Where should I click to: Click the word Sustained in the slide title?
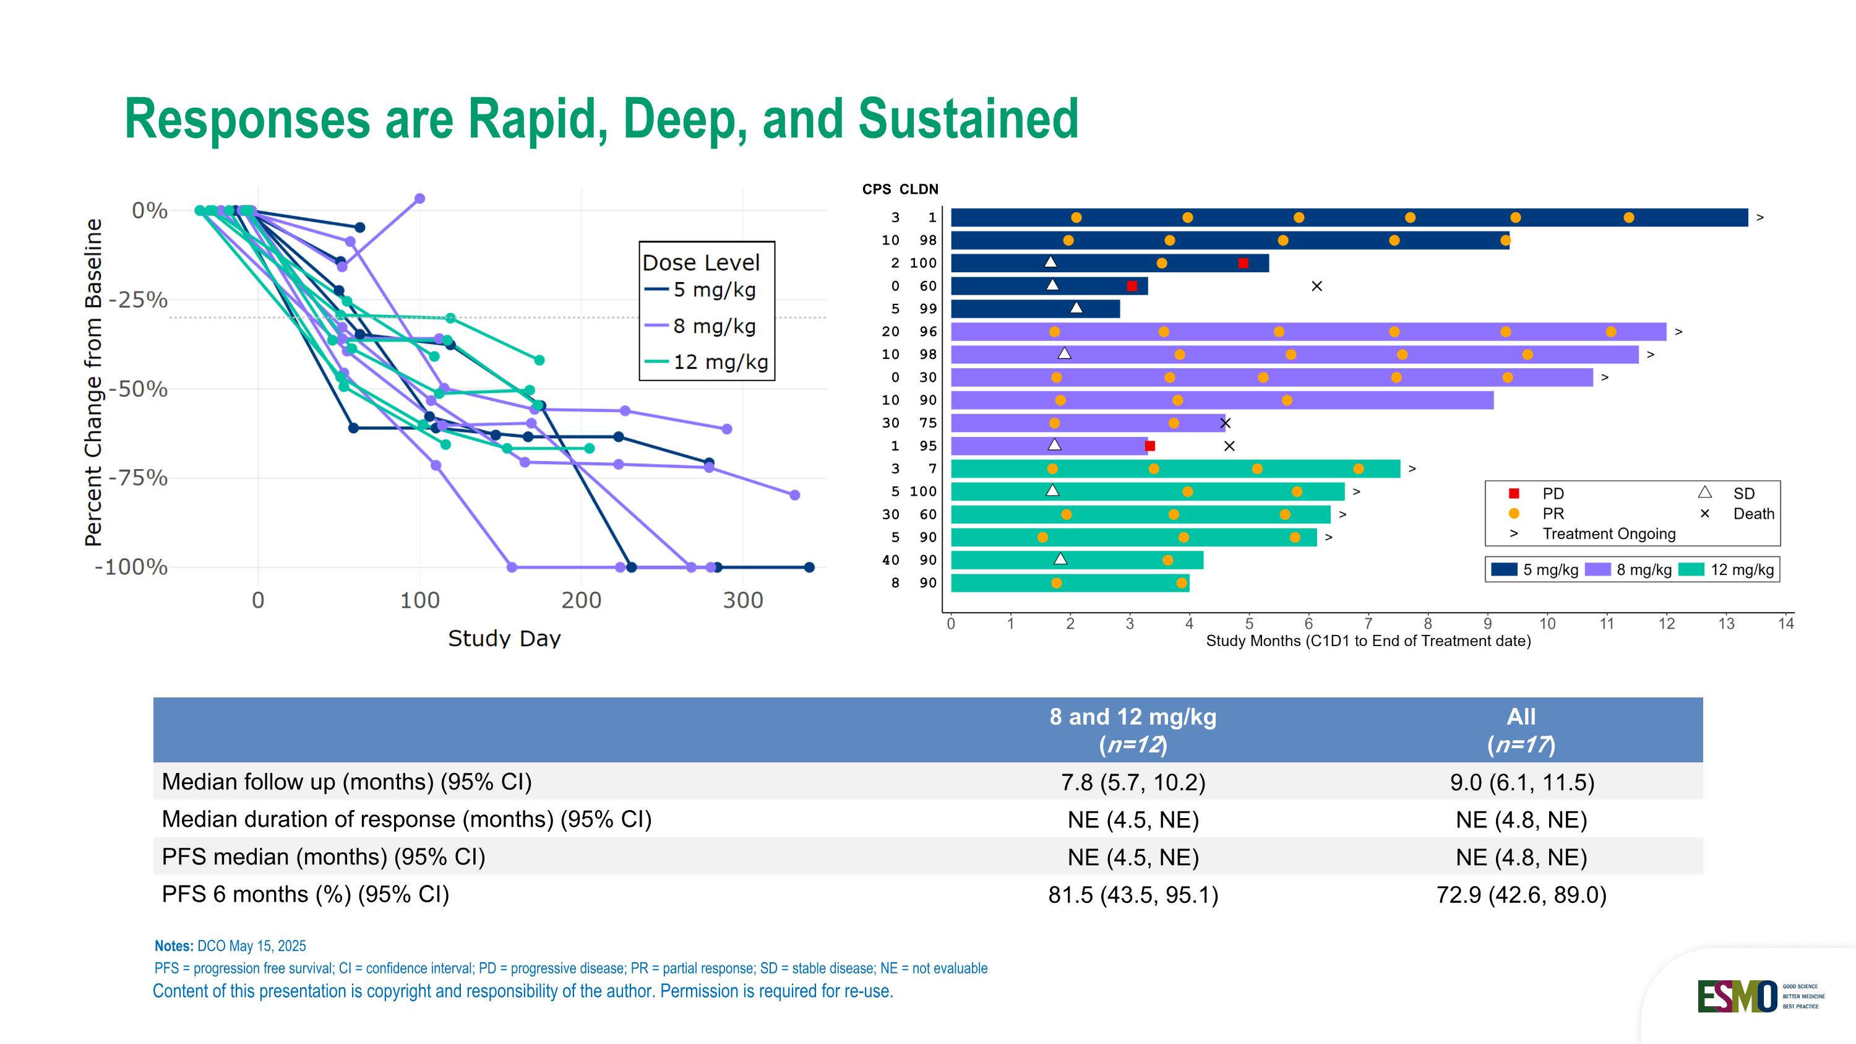coord(968,119)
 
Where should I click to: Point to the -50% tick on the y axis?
coord(137,389)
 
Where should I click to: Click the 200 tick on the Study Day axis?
coord(581,600)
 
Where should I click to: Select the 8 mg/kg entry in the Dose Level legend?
coord(713,326)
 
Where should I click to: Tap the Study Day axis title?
coord(504,639)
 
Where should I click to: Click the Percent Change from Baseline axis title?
coord(93,382)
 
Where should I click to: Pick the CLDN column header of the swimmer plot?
coord(919,189)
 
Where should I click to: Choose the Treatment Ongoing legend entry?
coord(1608,534)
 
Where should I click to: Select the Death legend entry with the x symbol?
coord(1752,514)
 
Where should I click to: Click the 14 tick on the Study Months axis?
coord(1785,624)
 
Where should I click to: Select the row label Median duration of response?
coord(406,819)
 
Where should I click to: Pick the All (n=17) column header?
coord(1521,730)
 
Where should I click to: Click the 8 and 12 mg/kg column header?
coord(1133,730)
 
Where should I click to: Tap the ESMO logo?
coord(1737,996)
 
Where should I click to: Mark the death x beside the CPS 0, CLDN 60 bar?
coord(1317,286)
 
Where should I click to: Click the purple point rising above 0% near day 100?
coord(420,198)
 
